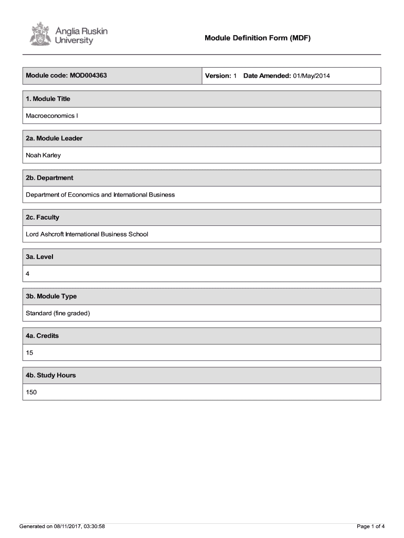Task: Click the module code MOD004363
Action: point(87,76)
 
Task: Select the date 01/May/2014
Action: point(312,76)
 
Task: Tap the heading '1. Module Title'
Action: point(48,99)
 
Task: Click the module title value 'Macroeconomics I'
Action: point(52,116)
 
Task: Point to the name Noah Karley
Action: point(44,155)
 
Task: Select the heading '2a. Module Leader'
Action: point(55,138)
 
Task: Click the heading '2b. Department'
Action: point(50,178)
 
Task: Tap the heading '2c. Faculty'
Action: point(43,217)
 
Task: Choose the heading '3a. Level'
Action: point(40,257)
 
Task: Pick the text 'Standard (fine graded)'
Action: point(58,313)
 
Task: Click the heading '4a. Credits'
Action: point(42,336)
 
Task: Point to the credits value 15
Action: point(30,353)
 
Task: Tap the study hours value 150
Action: point(31,392)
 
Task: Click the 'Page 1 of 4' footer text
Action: point(370,526)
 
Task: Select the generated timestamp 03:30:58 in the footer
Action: point(93,526)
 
